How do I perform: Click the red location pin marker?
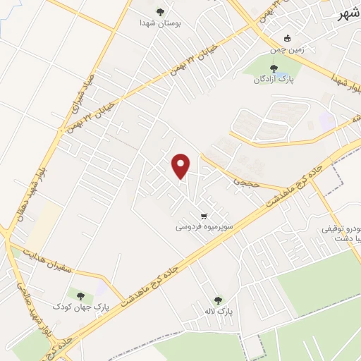(182, 166)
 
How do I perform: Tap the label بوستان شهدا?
(161, 23)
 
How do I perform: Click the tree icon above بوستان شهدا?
(161, 11)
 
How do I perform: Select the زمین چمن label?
(287, 51)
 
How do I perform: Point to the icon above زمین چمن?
(287, 39)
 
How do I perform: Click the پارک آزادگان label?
(274, 80)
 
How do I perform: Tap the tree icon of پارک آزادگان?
(274, 68)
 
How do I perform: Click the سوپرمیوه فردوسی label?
(204, 228)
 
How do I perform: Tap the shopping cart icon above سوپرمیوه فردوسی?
(204, 216)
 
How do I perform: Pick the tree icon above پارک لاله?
(218, 300)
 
